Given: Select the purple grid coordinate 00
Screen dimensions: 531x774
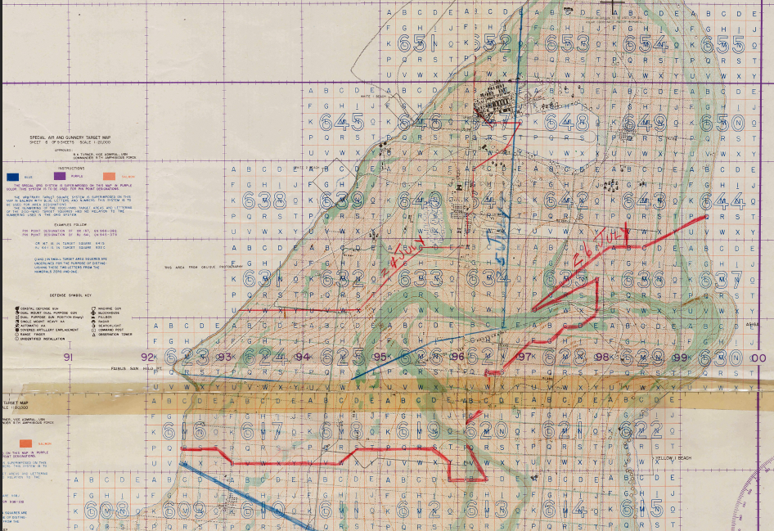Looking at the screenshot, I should [759, 358].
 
